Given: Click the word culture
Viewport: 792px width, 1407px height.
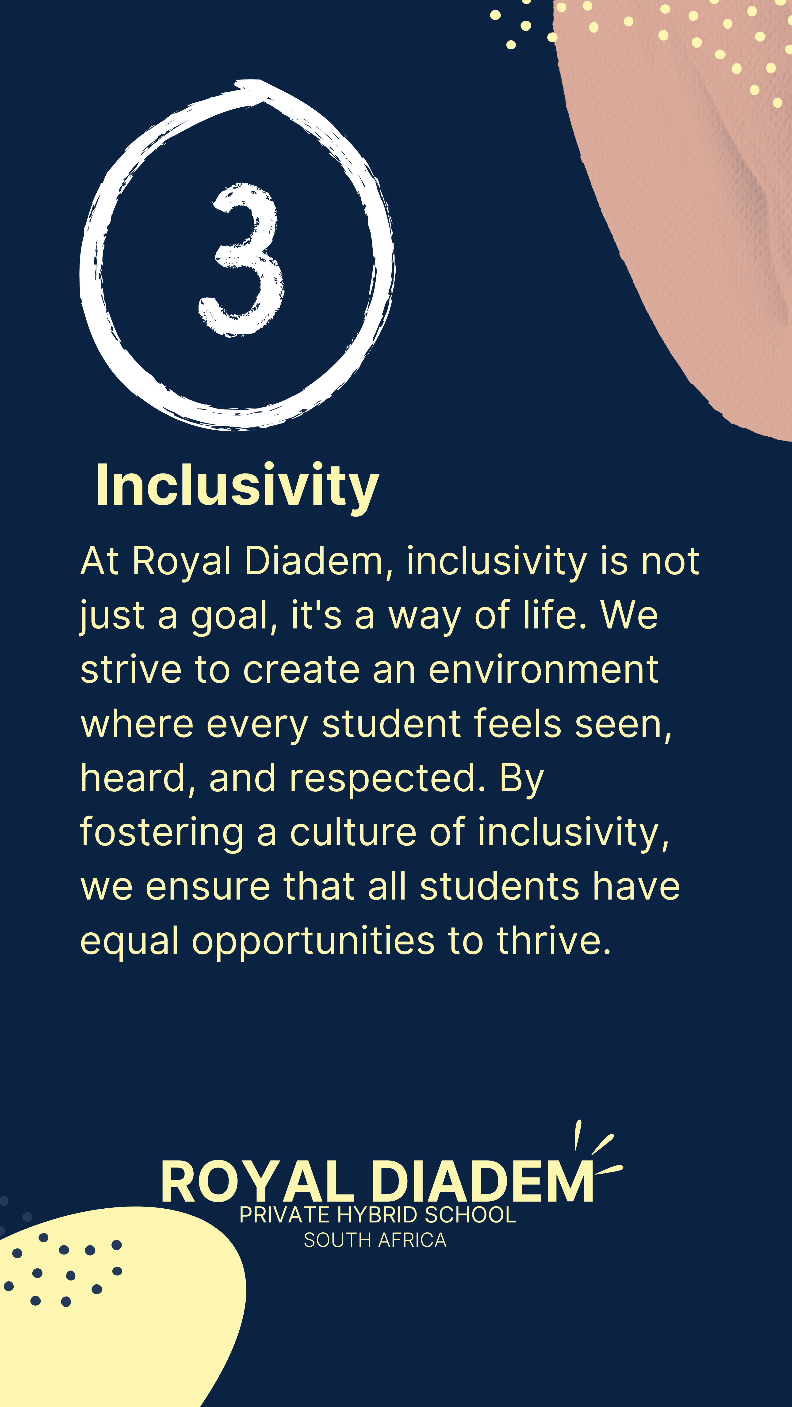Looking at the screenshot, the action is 353,832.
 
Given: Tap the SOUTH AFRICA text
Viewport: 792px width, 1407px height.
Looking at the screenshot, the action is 375,1241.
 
